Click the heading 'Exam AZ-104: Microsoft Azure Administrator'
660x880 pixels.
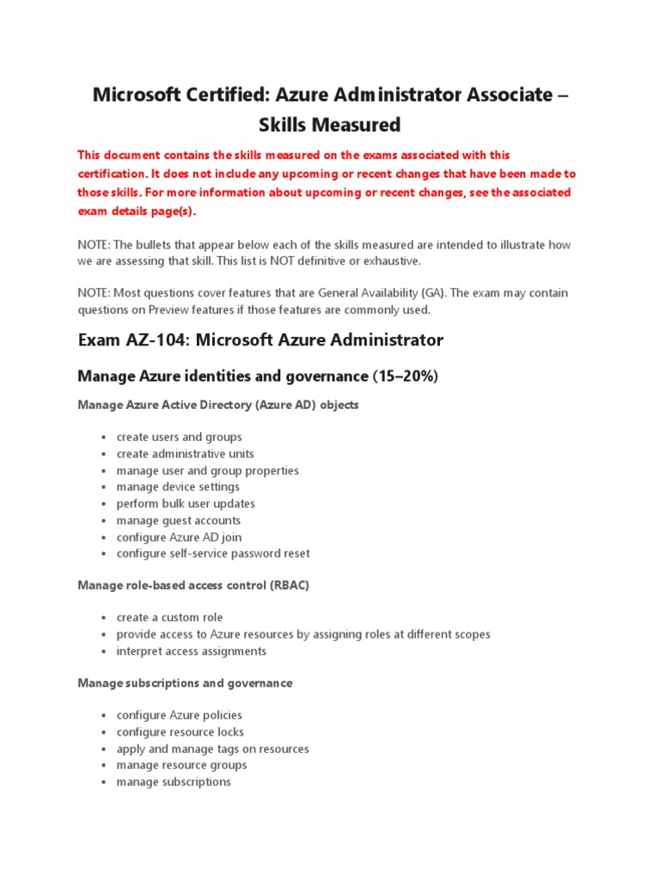(x=260, y=339)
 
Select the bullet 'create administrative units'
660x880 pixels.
(x=185, y=454)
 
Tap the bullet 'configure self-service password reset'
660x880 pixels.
(x=213, y=553)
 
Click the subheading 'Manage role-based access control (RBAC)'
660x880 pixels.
(x=193, y=585)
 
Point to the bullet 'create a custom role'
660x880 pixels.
(x=169, y=617)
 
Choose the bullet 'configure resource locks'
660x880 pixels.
(x=180, y=732)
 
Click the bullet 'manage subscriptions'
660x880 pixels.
(x=174, y=782)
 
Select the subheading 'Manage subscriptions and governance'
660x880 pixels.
(x=185, y=683)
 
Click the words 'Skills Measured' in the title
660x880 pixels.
(x=330, y=125)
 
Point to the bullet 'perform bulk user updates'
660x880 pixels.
(x=186, y=504)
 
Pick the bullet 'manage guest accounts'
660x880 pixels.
(x=178, y=521)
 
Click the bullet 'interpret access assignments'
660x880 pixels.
(x=192, y=651)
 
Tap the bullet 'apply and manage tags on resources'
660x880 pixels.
(x=212, y=749)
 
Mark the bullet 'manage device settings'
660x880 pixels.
(x=178, y=487)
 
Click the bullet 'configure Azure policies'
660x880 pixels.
(x=180, y=715)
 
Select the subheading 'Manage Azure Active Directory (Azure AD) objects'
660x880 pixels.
(x=218, y=405)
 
